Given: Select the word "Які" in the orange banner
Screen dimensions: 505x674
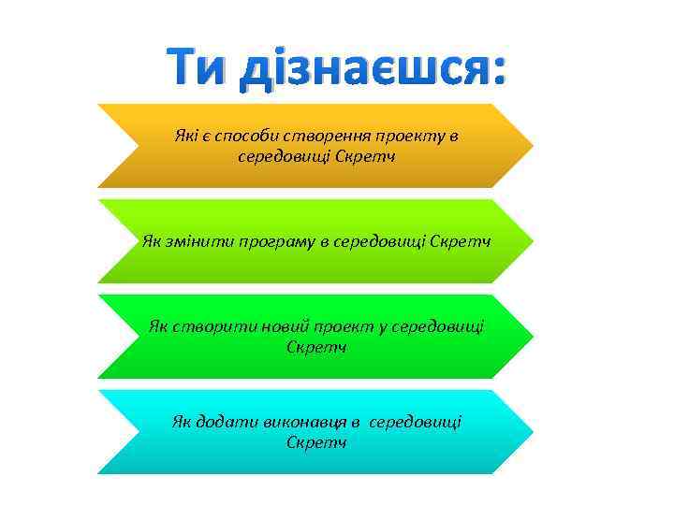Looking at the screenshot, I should click(186, 136).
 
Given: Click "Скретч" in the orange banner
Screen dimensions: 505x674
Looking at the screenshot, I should click(365, 155).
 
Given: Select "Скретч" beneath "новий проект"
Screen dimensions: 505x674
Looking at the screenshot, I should click(316, 347).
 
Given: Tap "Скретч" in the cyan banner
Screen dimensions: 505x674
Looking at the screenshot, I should click(316, 441).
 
